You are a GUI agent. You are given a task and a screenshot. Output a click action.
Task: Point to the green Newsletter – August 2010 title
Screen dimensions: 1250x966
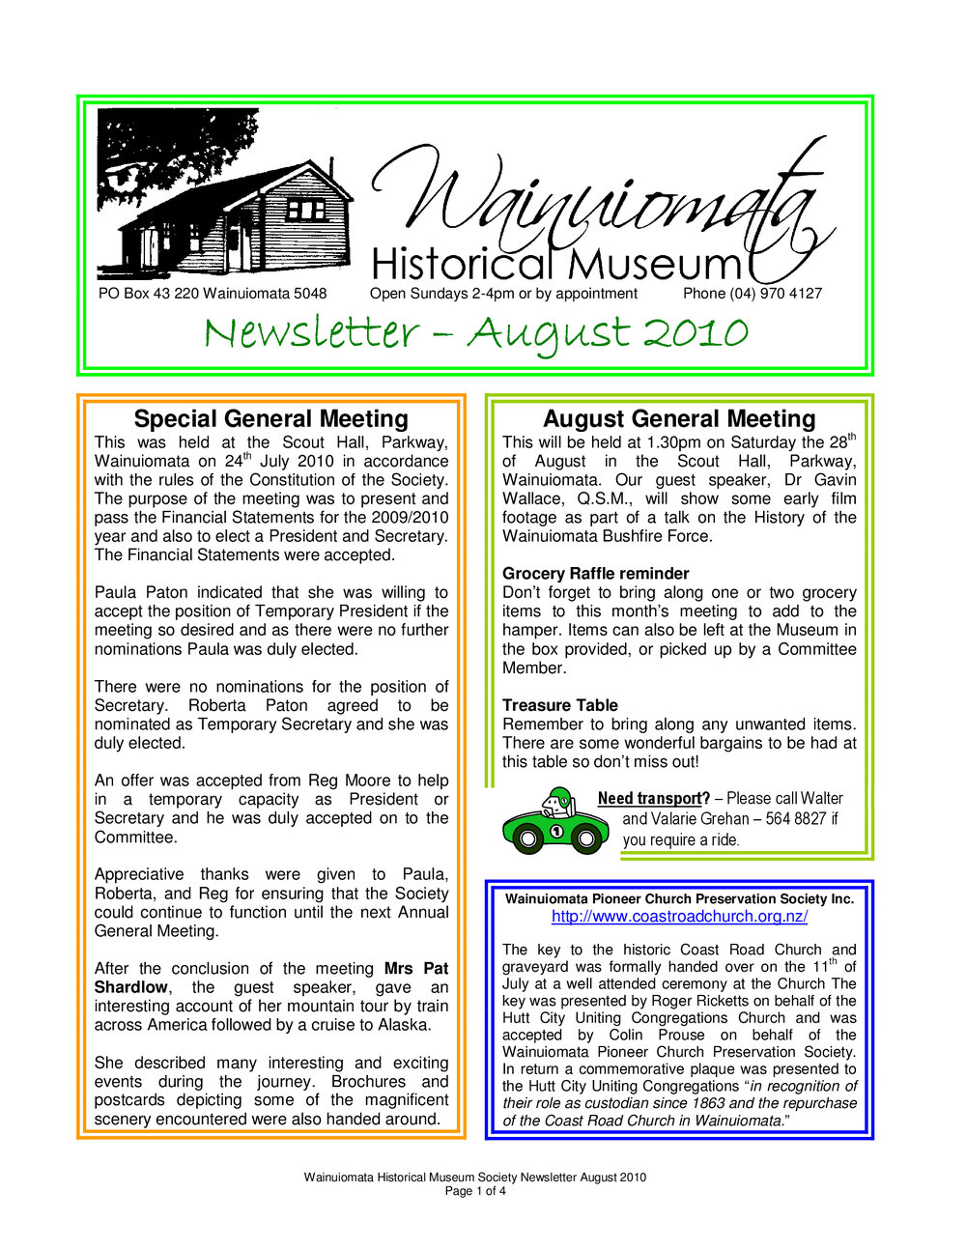[x=475, y=333]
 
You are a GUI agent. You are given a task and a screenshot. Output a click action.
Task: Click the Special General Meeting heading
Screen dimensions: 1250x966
[x=270, y=418]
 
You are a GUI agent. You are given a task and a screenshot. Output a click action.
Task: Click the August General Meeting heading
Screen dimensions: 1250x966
[x=679, y=418]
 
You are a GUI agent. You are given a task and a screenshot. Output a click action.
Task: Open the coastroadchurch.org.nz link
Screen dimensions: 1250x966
[x=679, y=917]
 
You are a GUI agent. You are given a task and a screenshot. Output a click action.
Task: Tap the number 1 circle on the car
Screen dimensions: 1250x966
[x=556, y=831]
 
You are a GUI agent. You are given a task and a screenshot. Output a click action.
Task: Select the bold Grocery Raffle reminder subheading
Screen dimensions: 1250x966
[x=595, y=574]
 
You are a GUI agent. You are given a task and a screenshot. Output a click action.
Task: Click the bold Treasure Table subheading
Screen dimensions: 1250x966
[x=559, y=706]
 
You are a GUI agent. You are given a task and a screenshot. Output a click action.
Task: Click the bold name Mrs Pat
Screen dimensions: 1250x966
[x=416, y=969]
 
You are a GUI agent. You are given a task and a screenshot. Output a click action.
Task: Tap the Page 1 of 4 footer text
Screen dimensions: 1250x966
[x=474, y=1191]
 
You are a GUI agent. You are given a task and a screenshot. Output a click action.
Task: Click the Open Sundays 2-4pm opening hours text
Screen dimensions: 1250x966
[x=503, y=294]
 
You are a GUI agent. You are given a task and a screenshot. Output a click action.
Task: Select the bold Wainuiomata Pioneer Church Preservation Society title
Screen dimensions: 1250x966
[x=679, y=899]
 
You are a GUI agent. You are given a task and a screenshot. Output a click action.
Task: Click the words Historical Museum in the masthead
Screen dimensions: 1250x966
[x=555, y=264]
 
